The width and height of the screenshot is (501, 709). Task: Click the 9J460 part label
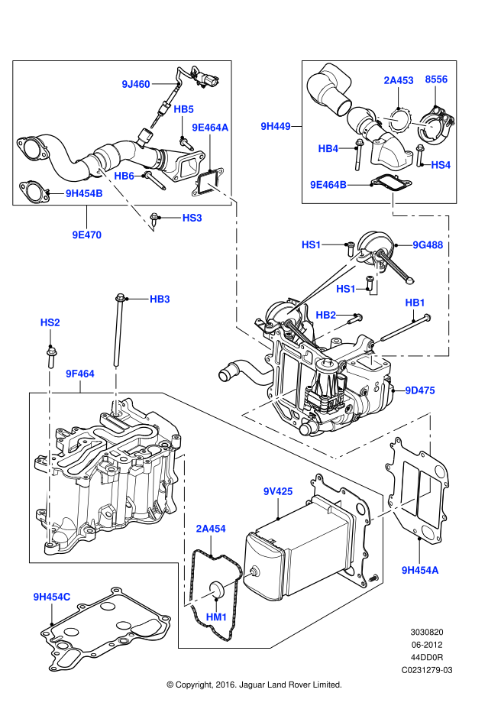tap(136, 85)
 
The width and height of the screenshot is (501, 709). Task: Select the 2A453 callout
tap(399, 81)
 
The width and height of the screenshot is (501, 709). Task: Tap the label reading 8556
tap(436, 80)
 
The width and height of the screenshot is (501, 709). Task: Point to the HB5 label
tap(183, 110)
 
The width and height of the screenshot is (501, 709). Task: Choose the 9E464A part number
tap(210, 128)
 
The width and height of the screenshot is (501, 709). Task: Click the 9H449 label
tap(276, 127)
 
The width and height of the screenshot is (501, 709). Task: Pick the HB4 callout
tap(328, 150)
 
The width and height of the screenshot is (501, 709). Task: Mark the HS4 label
tap(441, 166)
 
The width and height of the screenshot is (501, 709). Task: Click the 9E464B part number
tap(328, 186)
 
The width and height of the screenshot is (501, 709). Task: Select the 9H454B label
tap(84, 194)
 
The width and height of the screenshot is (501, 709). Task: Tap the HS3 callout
tap(192, 219)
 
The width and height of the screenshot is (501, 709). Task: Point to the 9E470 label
tap(87, 235)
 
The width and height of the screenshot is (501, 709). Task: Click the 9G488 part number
tap(428, 245)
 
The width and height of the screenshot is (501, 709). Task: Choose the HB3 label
tap(160, 300)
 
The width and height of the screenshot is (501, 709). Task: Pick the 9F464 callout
tap(80, 374)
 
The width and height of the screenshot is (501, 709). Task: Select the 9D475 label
tap(420, 391)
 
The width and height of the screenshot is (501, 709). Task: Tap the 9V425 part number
tap(278, 492)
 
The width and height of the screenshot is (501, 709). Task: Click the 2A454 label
tap(211, 529)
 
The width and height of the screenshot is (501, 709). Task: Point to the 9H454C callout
tap(52, 597)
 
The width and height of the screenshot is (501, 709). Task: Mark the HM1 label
tap(216, 618)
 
